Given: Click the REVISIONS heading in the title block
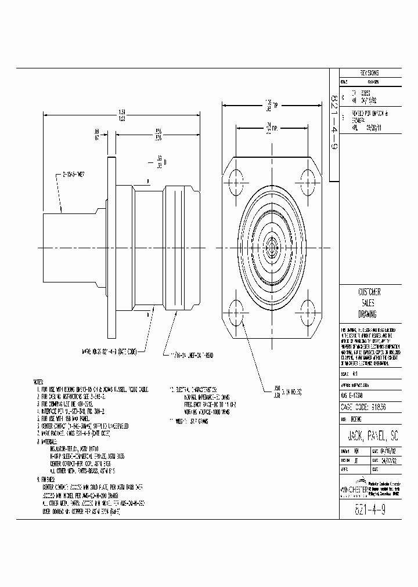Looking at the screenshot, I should (x=369, y=73).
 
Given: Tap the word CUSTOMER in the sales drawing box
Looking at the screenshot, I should (x=369, y=292).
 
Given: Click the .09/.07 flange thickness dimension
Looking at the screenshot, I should (x=96, y=135).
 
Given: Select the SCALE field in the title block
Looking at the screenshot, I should (x=348, y=375).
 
